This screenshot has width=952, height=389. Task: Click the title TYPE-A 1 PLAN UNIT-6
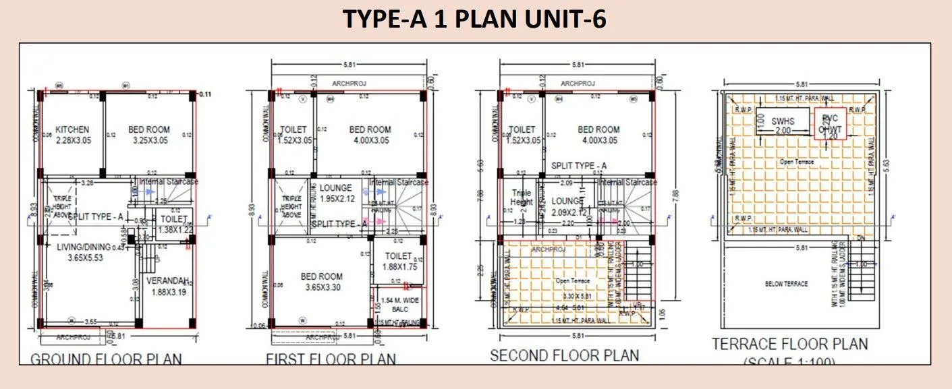tap(475, 20)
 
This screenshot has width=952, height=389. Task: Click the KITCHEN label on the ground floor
tap(72, 129)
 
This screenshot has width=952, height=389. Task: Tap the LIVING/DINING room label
tap(84, 247)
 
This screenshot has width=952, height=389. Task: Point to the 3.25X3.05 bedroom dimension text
tap(150, 140)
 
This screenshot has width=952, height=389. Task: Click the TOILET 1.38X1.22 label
tap(173, 225)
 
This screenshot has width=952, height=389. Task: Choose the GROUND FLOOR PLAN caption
tap(107, 358)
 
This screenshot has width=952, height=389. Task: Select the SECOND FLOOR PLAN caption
tap(564, 355)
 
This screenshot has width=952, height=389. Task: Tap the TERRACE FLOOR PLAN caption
tap(790, 344)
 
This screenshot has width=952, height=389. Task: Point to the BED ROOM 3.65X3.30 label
tap(321, 282)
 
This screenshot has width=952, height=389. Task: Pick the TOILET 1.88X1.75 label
tap(398, 261)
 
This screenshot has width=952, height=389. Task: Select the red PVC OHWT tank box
tap(829, 123)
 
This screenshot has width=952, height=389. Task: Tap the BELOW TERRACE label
tap(786, 284)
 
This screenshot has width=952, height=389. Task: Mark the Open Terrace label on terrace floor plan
tap(797, 162)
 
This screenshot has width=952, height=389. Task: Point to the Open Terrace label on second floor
tap(572, 280)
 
